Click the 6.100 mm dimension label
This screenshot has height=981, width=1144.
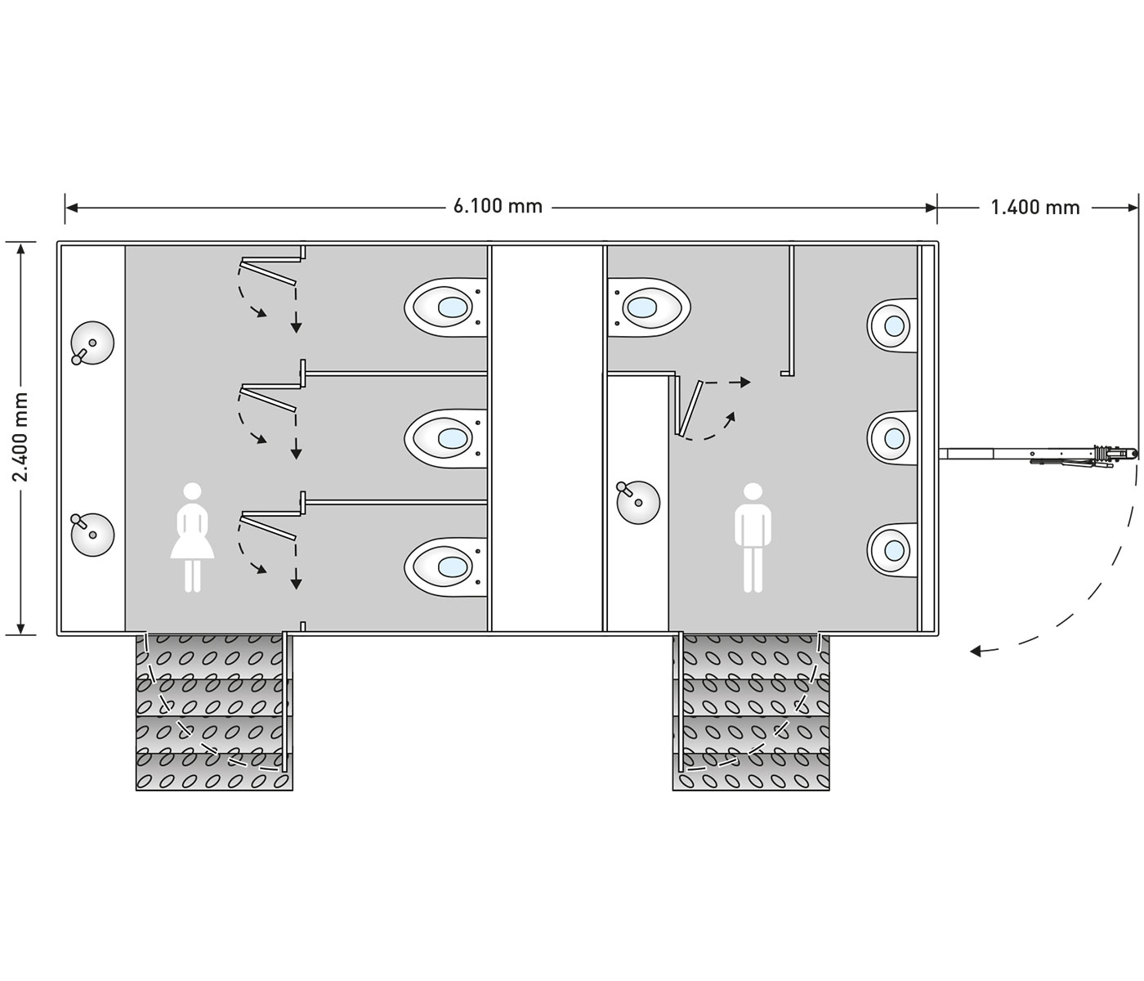498,206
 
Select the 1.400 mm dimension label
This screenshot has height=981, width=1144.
1035,208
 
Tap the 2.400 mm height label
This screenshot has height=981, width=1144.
21,437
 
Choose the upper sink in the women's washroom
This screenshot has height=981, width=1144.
92,343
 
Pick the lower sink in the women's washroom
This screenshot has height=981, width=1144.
92,534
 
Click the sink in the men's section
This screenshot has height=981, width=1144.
638,501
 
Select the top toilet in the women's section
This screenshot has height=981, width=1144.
445,307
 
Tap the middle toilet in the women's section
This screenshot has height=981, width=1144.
445,437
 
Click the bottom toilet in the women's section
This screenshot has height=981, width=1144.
445,566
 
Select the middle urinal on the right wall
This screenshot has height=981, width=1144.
891,438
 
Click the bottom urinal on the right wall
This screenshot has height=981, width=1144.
891,549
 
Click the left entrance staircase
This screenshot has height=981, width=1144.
213,711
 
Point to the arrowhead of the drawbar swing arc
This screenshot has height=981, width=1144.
976,652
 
